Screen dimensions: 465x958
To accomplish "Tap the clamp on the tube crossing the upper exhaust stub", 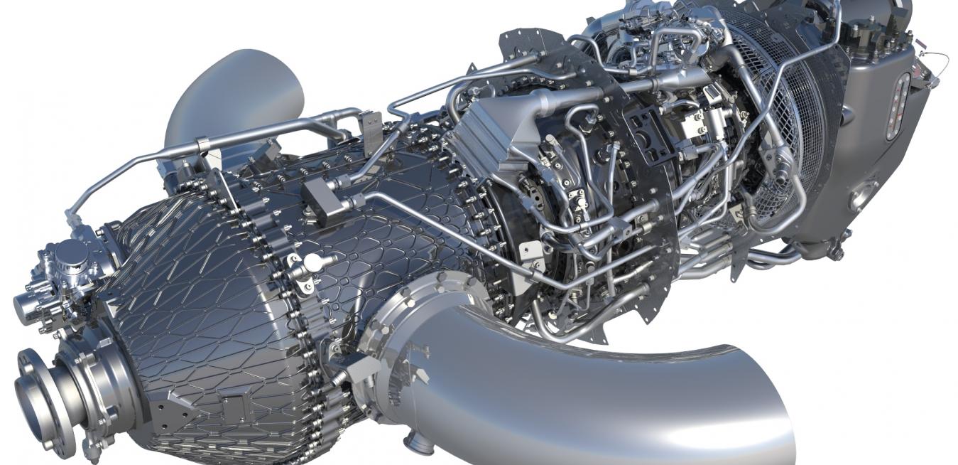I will point(203,145).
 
